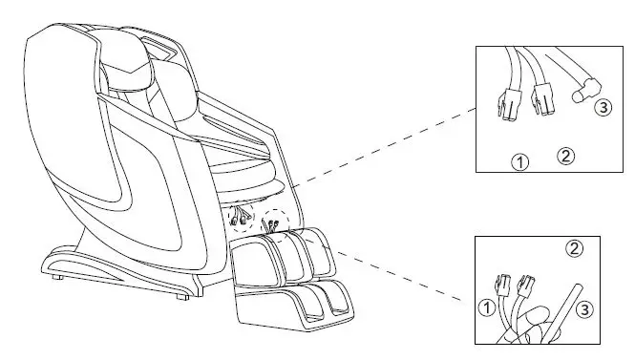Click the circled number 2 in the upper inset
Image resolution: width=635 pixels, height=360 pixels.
click(565, 155)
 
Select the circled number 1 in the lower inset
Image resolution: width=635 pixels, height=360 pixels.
click(486, 307)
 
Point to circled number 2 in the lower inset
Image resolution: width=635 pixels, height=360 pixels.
click(575, 248)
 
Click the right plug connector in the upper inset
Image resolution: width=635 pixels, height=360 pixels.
click(543, 95)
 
